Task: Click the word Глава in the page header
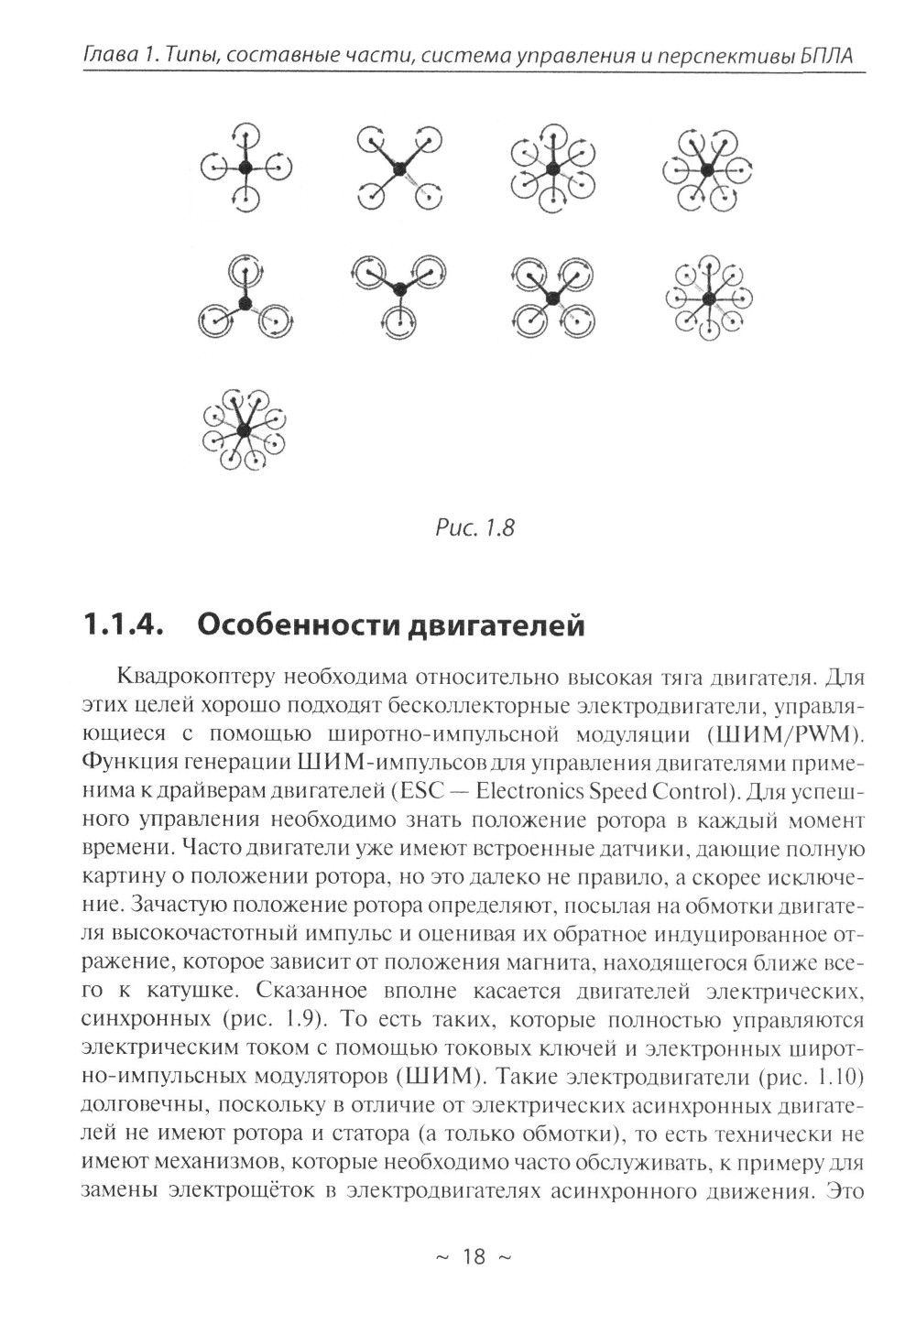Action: click(108, 58)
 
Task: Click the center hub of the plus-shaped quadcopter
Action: click(245, 168)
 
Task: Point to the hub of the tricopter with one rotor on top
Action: click(245, 303)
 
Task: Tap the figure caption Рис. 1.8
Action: click(475, 528)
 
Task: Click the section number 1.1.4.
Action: click(123, 625)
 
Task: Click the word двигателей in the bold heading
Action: click(496, 626)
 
